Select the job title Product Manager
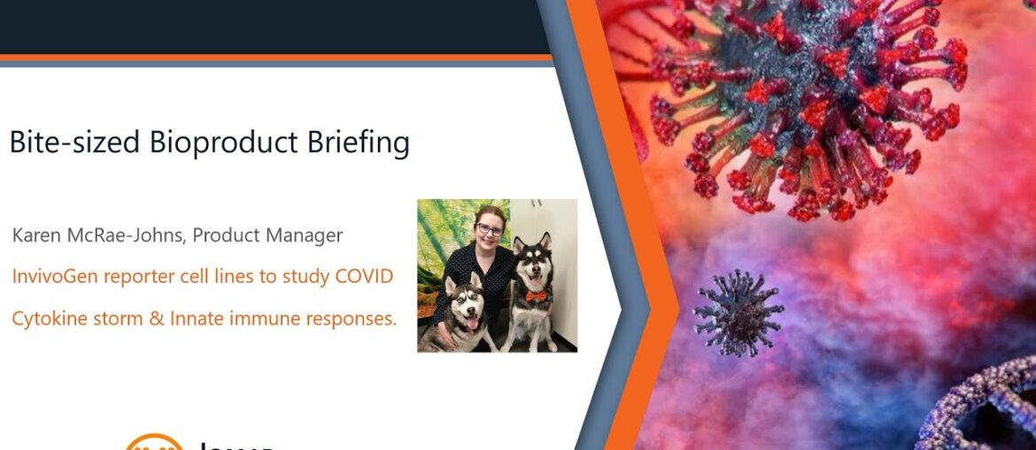pyautogui.click(x=267, y=236)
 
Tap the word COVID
pyautogui.click(x=363, y=276)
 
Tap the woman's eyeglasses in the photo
pyautogui.click(x=489, y=229)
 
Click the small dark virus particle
pyautogui.click(x=737, y=313)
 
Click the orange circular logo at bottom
pyautogui.click(x=153, y=443)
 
